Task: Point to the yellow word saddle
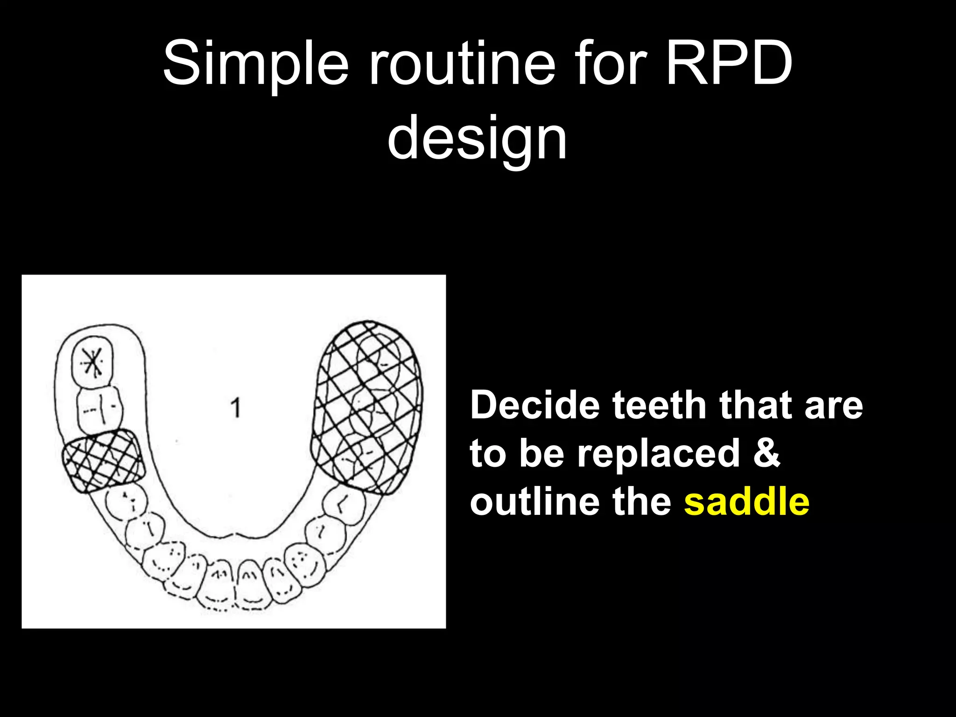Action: [x=746, y=502]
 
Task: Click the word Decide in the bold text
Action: [x=535, y=405]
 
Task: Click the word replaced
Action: [x=658, y=454]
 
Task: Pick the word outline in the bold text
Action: [x=534, y=502]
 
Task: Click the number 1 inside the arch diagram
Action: [x=236, y=408]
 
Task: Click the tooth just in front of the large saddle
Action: [x=344, y=506]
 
